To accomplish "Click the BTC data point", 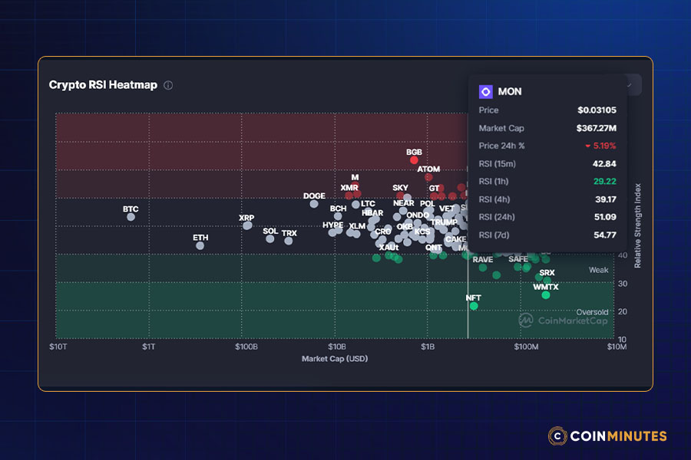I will tap(131, 217).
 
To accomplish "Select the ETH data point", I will tap(200, 245).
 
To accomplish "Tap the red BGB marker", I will tap(415, 160).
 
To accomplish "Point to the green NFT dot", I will tap(474, 306).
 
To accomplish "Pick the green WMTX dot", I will tap(546, 295).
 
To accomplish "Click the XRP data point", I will tap(247, 225).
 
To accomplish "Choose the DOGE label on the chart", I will tap(314, 196).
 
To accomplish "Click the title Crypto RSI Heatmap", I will tap(103, 85).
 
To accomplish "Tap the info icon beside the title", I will tap(168, 85).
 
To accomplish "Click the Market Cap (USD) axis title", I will tap(335, 359).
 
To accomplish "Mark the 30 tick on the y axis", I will tap(623, 284).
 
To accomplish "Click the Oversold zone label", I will tap(592, 312).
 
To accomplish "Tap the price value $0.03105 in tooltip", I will tap(597, 110).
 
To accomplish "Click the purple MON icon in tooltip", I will tap(485, 91).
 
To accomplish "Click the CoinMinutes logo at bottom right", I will tap(607, 436).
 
